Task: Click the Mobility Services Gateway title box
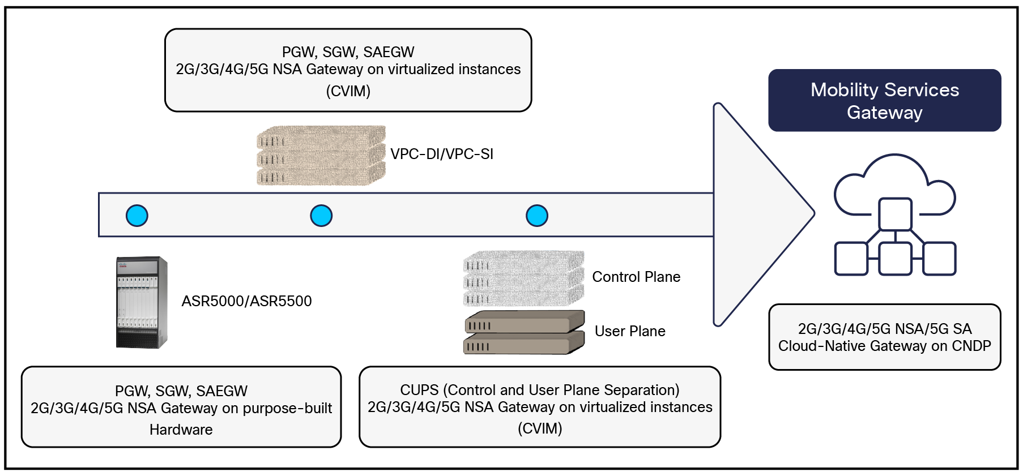(x=884, y=101)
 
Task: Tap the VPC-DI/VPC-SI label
(x=442, y=154)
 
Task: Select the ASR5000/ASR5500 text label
(x=246, y=301)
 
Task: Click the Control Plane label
(x=636, y=277)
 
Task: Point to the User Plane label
(x=630, y=331)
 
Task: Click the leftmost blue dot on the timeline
(x=137, y=216)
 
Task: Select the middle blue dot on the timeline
(x=321, y=216)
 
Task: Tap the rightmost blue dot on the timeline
(x=537, y=216)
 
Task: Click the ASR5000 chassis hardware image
(x=141, y=302)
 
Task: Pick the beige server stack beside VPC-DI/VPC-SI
(x=321, y=156)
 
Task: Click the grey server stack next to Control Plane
(x=523, y=278)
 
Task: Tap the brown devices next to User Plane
(x=524, y=333)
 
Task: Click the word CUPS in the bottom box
(x=419, y=390)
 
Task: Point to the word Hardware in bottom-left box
(x=181, y=430)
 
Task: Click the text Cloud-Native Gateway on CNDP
(x=884, y=346)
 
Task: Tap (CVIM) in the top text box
(x=348, y=91)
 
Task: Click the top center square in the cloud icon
(x=895, y=213)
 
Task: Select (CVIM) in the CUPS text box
(x=540, y=428)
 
